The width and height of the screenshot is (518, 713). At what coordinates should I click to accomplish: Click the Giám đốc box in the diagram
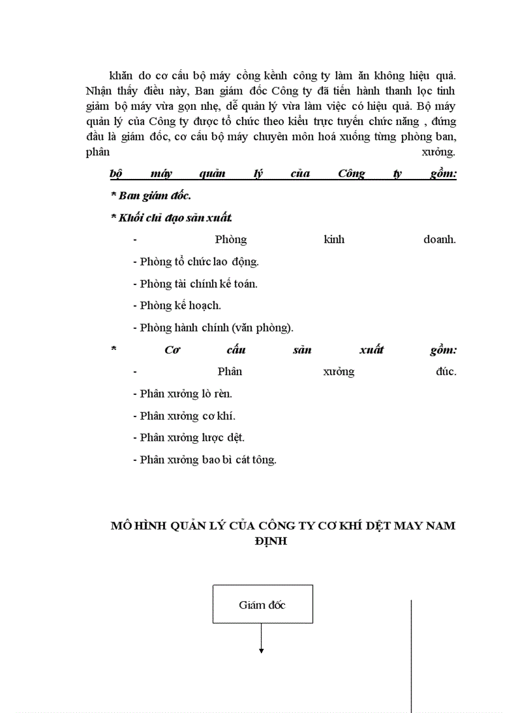(x=262, y=604)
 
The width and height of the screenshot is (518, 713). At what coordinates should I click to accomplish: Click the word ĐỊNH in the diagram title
(x=270, y=542)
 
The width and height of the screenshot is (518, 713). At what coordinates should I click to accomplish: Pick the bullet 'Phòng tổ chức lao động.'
(x=196, y=262)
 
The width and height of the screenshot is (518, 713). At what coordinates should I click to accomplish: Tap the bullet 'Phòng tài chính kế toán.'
(x=195, y=284)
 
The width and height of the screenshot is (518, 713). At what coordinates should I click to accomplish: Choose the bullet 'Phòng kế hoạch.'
(x=176, y=305)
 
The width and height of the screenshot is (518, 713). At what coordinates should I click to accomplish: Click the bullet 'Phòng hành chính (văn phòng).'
(x=213, y=328)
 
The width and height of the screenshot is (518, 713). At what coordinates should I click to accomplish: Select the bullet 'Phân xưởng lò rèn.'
(x=182, y=394)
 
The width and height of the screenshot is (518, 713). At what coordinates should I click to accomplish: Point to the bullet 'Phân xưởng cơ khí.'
(x=183, y=416)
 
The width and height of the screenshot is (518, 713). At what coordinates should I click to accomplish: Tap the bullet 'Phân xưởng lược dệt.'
(x=189, y=437)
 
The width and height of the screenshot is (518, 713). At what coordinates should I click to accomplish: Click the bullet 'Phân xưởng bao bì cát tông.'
(x=204, y=460)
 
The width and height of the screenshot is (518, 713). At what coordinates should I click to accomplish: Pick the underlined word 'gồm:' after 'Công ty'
(x=443, y=173)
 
